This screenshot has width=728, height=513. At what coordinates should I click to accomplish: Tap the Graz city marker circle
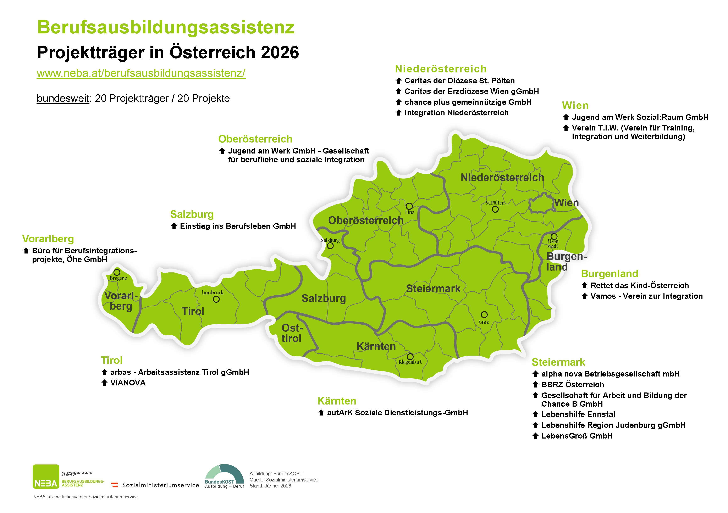484,315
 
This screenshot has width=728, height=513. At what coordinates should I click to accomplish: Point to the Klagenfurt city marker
410,357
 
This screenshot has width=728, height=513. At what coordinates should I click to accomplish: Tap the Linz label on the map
410,212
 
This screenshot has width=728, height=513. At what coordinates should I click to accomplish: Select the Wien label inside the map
566,203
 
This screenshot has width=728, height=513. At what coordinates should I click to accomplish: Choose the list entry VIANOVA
128,383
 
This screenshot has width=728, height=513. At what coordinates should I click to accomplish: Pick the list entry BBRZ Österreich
572,385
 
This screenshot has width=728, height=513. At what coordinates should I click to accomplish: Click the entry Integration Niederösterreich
456,113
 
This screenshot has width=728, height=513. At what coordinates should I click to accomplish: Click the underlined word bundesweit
63,99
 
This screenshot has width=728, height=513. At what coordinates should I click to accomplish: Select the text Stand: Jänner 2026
270,486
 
